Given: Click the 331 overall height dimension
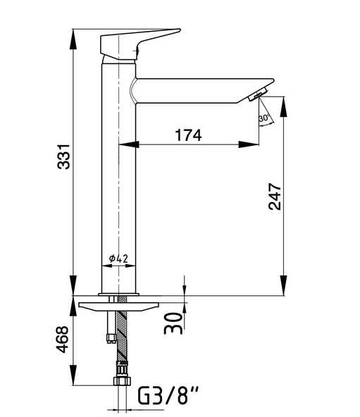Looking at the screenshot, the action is point(64,156).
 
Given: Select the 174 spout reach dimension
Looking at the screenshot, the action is point(188,135).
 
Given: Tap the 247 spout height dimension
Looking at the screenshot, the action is point(275,197).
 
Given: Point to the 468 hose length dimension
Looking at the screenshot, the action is point(63,340).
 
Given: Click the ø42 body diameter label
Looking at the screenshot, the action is point(118,258).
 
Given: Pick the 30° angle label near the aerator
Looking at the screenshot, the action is point(264,118).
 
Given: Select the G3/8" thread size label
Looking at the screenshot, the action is point(168,395).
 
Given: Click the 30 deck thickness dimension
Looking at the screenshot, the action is point(173,323).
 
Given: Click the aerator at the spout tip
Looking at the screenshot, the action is point(258,94).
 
